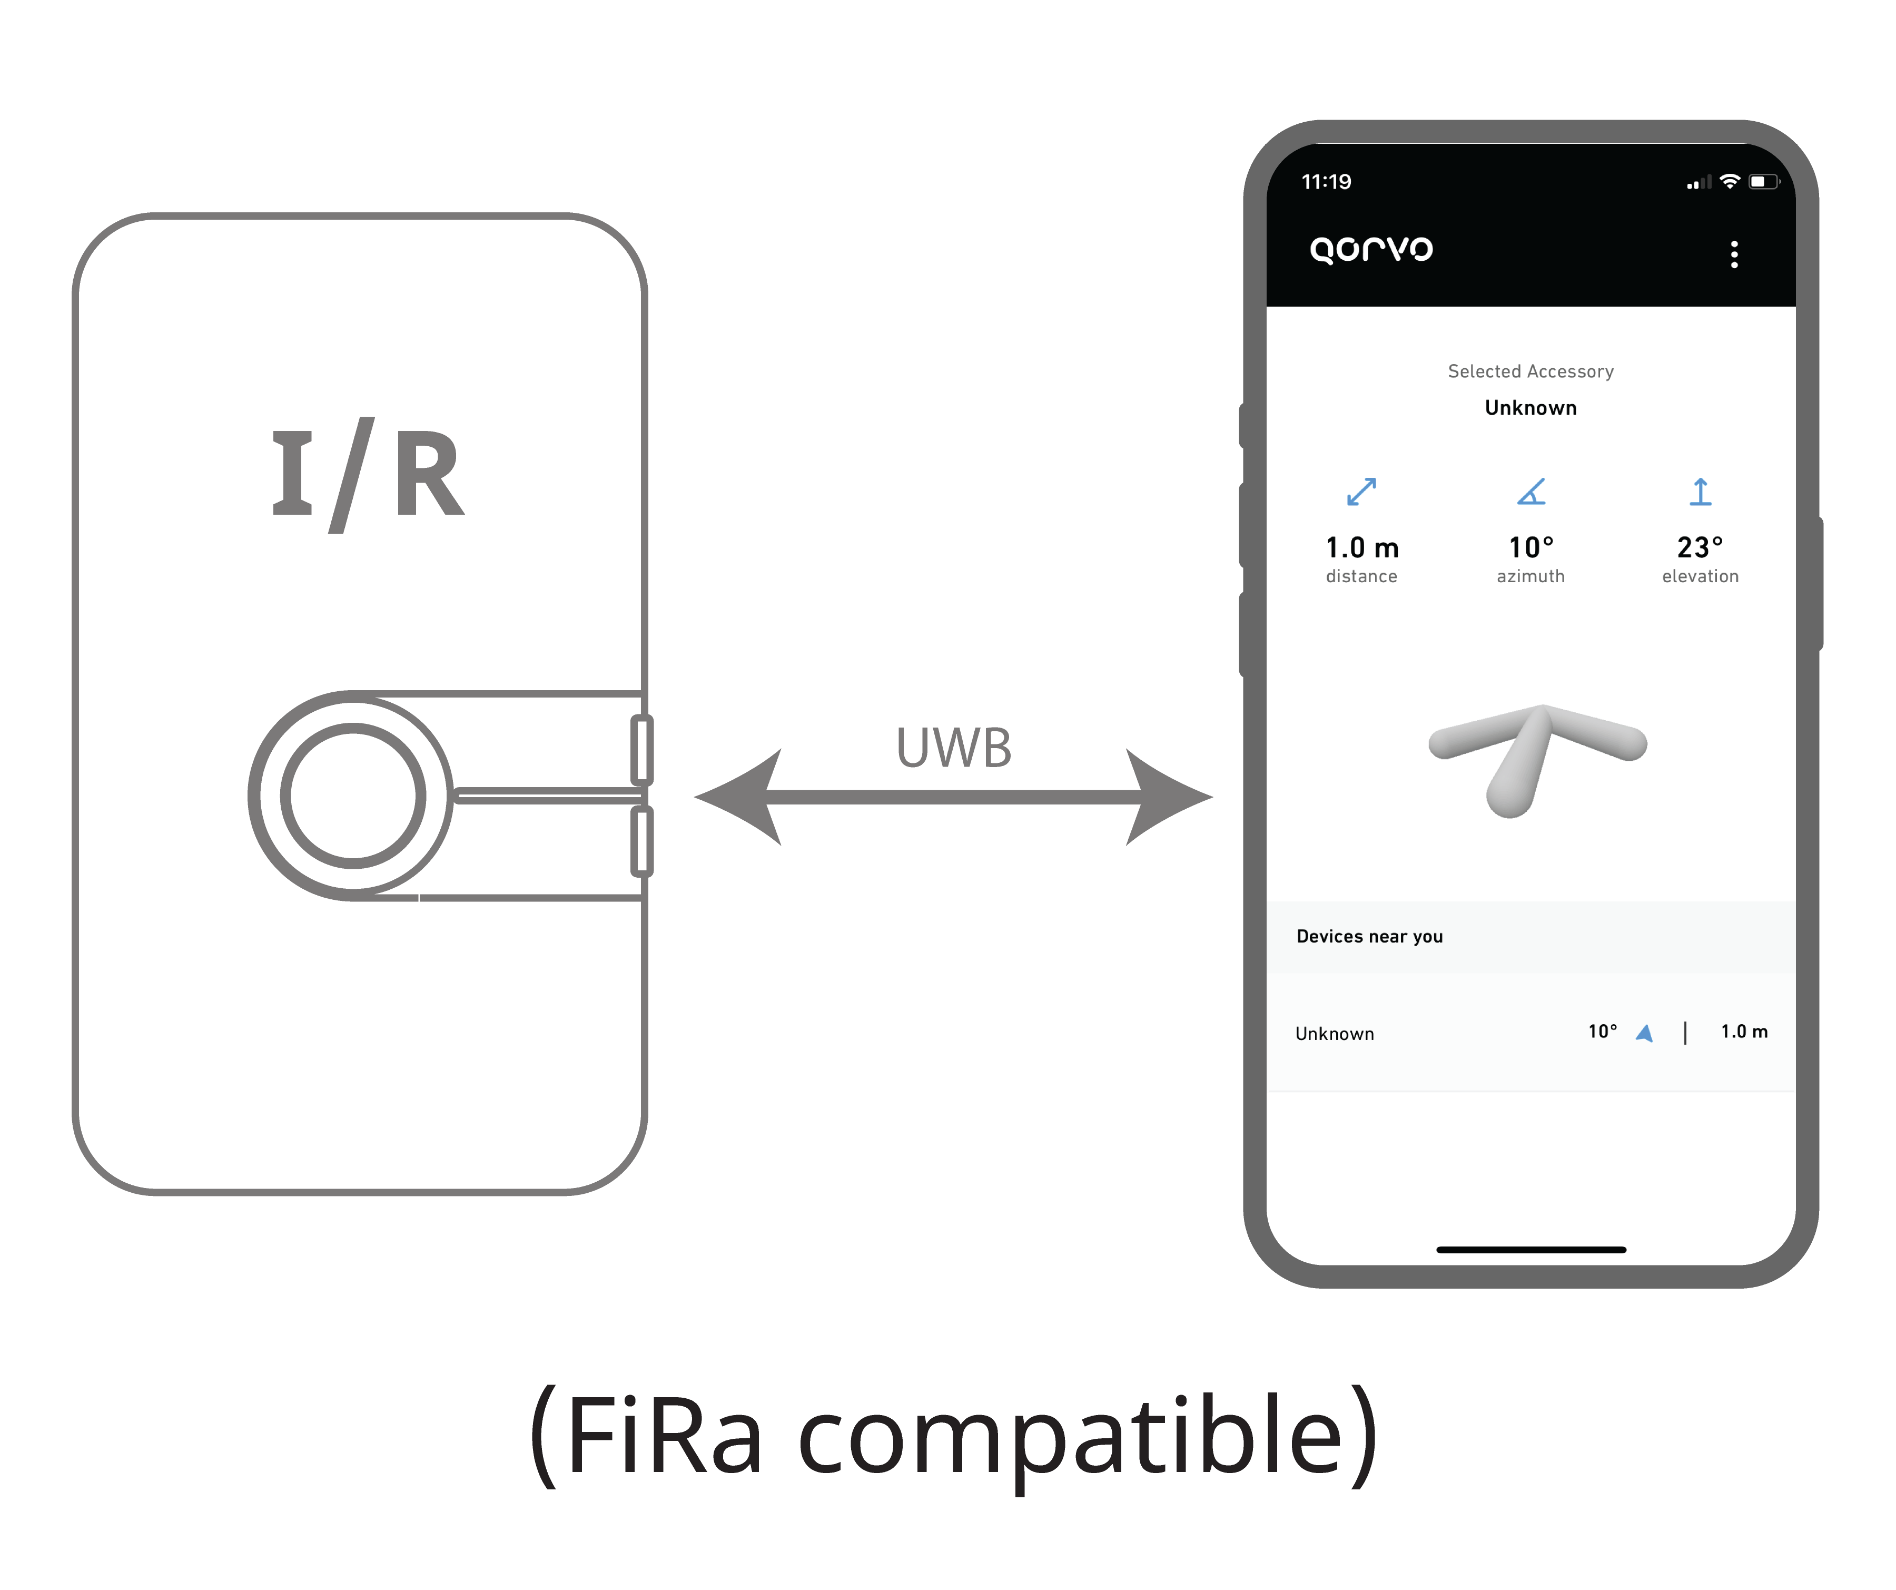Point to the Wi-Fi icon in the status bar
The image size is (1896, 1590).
click(1729, 181)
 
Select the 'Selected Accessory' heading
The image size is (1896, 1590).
click(1530, 371)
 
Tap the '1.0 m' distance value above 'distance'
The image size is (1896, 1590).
click(1361, 547)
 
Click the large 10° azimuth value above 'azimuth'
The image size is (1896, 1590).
click(1531, 547)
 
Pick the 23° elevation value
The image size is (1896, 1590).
click(1700, 547)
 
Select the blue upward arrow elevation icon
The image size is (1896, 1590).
click(1700, 491)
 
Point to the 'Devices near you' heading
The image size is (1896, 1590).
click(1370, 936)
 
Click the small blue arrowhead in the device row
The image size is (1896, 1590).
click(1644, 1033)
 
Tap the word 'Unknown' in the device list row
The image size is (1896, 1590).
click(1335, 1034)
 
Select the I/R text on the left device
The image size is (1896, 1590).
click(368, 474)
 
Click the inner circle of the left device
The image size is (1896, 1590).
click(353, 796)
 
